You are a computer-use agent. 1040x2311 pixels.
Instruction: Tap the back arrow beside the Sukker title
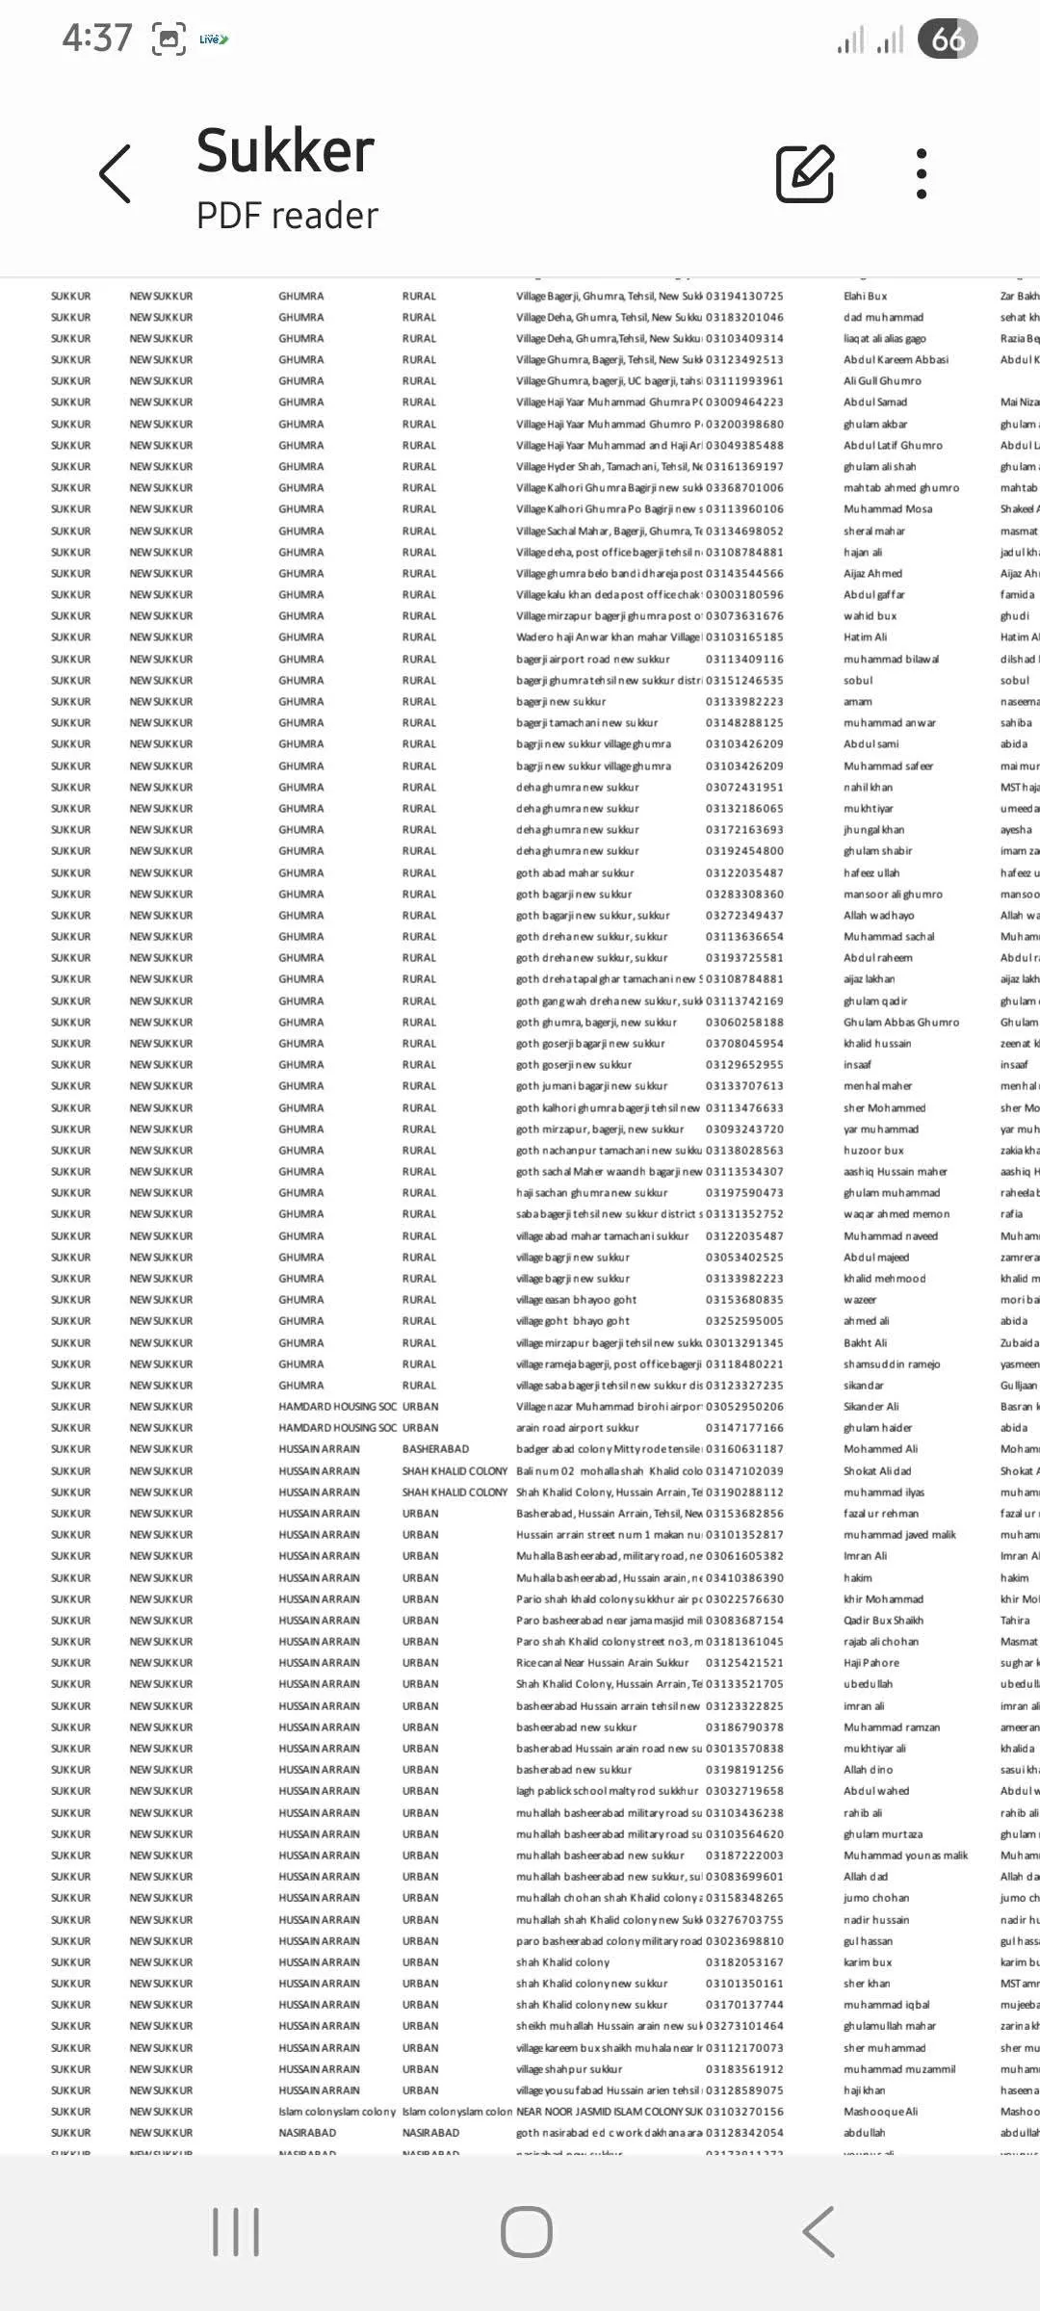point(116,174)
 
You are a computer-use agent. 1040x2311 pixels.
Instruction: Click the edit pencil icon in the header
point(805,174)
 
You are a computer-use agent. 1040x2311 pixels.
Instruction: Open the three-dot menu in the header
point(922,174)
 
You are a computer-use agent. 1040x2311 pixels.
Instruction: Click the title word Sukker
point(285,151)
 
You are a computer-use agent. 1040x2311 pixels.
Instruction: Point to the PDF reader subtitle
point(287,216)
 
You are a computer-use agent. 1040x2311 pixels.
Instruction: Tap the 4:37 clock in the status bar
point(97,39)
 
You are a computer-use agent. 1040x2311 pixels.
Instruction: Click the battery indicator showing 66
point(948,39)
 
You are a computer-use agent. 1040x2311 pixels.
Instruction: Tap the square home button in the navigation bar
point(526,2231)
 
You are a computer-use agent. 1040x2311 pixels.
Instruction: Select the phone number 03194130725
point(744,297)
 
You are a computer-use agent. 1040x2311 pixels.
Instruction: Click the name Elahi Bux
point(866,297)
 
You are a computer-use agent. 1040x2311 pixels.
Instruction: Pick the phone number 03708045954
point(744,1044)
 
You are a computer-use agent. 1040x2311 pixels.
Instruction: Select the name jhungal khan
point(873,830)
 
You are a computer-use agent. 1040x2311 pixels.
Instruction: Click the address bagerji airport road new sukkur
point(592,660)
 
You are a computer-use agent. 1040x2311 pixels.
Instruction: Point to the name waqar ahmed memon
point(897,1214)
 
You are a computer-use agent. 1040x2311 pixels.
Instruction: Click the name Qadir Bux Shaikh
point(883,1621)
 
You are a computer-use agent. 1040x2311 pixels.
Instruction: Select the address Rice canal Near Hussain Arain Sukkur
point(602,1663)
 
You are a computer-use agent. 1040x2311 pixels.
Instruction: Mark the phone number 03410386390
point(744,1578)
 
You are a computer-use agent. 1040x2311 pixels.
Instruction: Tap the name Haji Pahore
point(871,1663)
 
